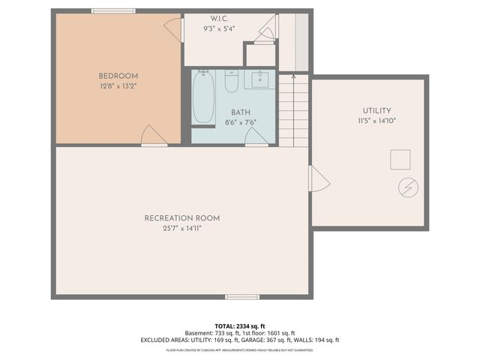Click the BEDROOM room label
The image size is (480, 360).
pyautogui.click(x=118, y=76)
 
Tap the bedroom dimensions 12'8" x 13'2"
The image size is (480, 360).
pyautogui.click(x=118, y=86)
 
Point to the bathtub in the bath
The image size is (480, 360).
pyautogui.click(x=203, y=97)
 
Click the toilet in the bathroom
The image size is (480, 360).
pyautogui.click(x=232, y=80)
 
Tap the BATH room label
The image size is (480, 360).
pyautogui.click(x=240, y=112)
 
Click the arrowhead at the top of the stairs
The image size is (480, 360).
pyautogui.click(x=293, y=75)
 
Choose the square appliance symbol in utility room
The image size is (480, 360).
pyautogui.click(x=400, y=160)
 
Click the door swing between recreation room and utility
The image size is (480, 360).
pyautogui.click(x=319, y=178)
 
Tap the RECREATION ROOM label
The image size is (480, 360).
pyautogui.click(x=182, y=218)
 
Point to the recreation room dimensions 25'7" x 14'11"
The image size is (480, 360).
pyautogui.click(x=182, y=228)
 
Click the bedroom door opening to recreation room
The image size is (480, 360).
pyautogui.click(x=154, y=136)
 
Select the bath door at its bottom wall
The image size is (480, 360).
pyautogui.click(x=256, y=136)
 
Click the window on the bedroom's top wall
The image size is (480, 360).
pyautogui.click(x=113, y=10)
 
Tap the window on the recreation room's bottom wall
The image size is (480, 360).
pyautogui.click(x=242, y=297)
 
